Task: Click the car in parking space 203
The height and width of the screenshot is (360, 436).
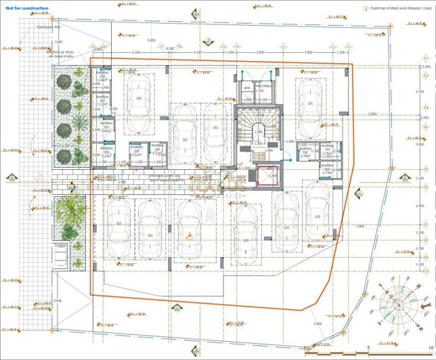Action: coord(246,239)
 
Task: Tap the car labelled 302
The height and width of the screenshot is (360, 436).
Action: coord(118,226)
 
